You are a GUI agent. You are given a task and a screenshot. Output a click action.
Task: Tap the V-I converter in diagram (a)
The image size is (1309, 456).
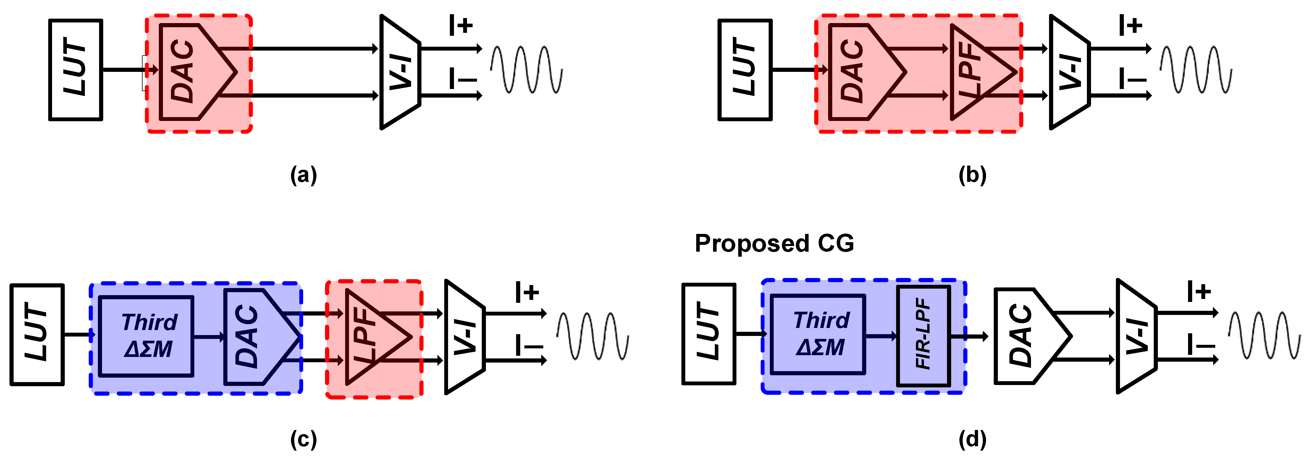[x=400, y=72]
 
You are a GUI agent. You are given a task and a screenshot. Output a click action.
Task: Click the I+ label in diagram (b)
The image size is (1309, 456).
[x=1130, y=25]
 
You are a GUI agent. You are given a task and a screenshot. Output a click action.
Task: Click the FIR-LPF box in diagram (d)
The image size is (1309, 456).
[x=923, y=336]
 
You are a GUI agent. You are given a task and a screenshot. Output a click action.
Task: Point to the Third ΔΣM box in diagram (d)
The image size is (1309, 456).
[x=818, y=334]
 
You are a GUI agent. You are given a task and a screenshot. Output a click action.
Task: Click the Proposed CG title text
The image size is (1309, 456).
[x=774, y=243]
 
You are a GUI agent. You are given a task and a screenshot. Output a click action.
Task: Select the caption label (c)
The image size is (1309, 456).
[x=303, y=439]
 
